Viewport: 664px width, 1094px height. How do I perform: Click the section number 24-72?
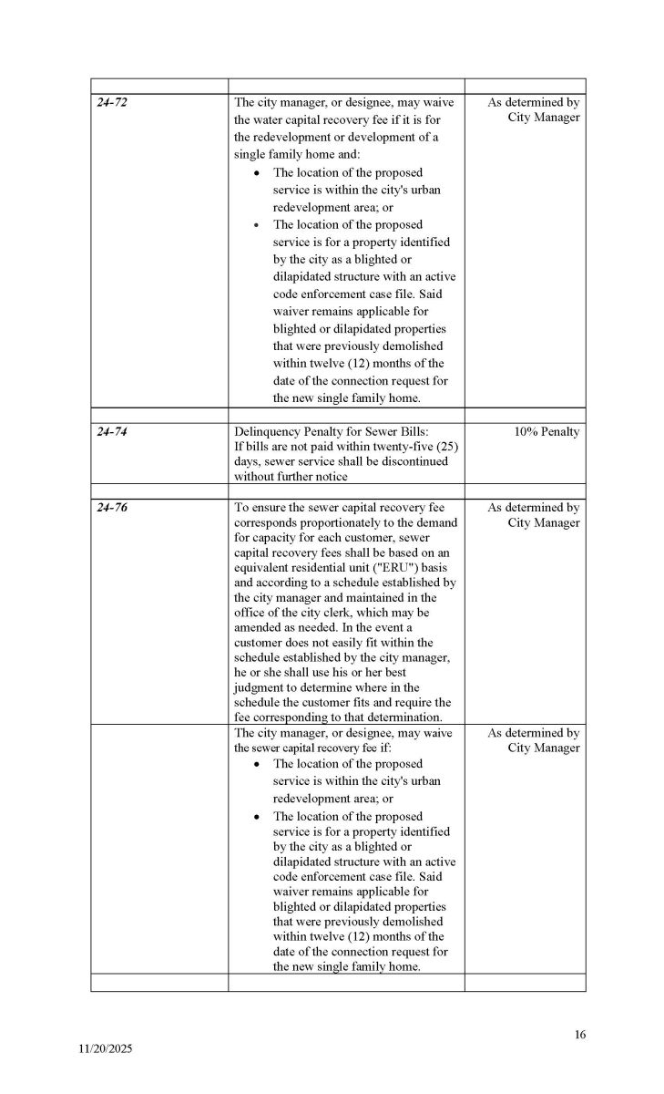pyautogui.click(x=112, y=102)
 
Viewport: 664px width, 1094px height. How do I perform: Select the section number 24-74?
pyautogui.click(x=112, y=432)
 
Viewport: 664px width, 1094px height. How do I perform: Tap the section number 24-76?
pyautogui.click(x=112, y=508)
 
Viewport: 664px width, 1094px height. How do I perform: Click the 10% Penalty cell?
pyautogui.click(x=547, y=432)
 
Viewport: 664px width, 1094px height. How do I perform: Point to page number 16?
pyautogui.click(x=580, y=1034)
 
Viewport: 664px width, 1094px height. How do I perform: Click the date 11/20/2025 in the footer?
pyautogui.click(x=105, y=1049)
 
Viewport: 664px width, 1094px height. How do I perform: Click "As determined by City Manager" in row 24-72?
pyautogui.click(x=534, y=109)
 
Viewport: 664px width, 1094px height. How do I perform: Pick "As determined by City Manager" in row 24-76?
pyautogui.click(x=534, y=515)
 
